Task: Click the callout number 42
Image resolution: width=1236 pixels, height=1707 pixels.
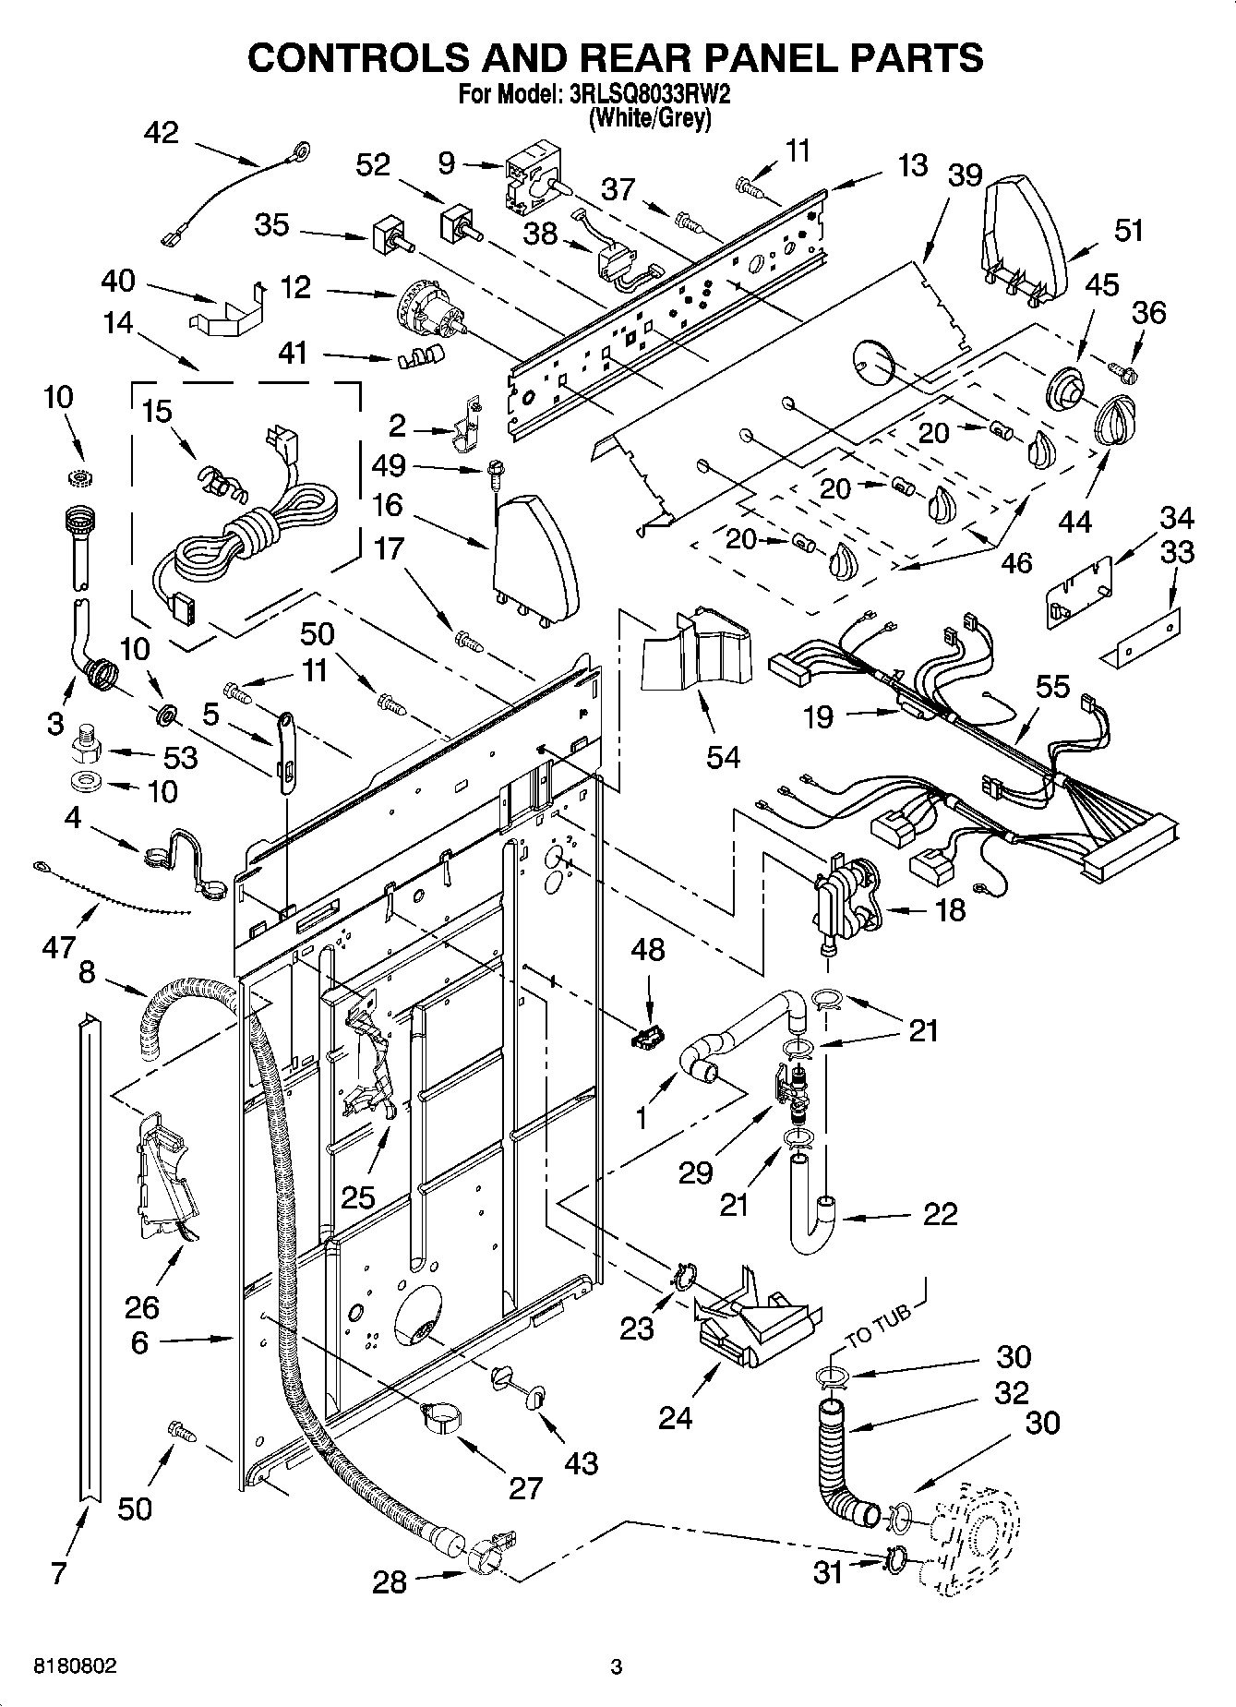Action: (162, 133)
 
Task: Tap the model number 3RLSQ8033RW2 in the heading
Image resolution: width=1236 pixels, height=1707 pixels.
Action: (652, 94)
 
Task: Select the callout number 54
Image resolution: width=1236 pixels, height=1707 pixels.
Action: (723, 757)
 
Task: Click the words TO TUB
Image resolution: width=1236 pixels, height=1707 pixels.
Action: (878, 1321)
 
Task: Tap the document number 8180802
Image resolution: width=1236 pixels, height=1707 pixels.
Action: (76, 1667)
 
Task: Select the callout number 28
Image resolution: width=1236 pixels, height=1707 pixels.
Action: (389, 1582)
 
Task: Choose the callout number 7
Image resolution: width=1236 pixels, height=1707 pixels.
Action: (59, 1573)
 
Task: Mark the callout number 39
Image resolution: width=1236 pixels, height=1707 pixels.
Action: (965, 175)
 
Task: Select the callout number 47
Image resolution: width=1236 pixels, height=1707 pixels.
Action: (58, 947)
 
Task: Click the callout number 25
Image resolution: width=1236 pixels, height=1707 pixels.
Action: (358, 1197)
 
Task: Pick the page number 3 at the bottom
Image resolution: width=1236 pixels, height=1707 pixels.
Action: (617, 1667)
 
